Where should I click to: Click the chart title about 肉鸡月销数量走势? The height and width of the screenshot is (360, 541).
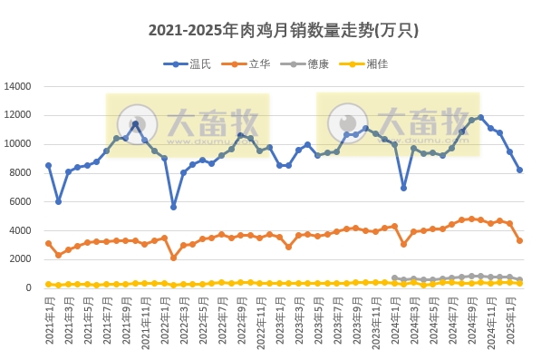[270, 31]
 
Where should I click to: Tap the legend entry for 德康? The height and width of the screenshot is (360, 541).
[316, 63]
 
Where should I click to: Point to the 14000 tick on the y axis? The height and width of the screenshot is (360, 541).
[18, 87]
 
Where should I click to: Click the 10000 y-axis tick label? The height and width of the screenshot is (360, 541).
[18, 144]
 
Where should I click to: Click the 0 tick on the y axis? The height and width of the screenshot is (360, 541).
[29, 287]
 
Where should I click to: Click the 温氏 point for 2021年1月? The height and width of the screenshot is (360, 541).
[49, 166]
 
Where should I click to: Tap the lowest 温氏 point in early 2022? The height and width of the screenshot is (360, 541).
[174, 207]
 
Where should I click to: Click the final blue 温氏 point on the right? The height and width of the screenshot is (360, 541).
[519, 170]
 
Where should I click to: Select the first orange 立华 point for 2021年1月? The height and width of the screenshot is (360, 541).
[49, 243]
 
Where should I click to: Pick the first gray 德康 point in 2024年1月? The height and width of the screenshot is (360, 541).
[394, 278]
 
